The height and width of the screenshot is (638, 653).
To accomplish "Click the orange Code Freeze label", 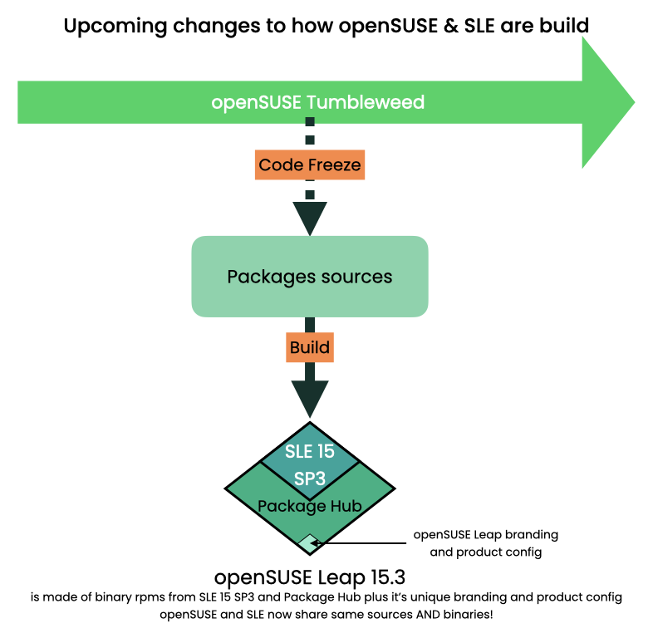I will click(310, 165).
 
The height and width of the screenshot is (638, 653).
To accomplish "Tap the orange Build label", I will click(310, 347).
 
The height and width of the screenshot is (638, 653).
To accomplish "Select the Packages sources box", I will click(310, 276).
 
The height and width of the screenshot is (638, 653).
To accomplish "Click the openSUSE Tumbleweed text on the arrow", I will click(317, 103).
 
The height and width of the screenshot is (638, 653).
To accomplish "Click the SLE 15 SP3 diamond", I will click(310, 463).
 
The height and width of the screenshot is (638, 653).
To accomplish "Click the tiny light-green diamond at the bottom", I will click(308, 543).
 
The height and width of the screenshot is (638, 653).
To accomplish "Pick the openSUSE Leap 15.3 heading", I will click(309, 577).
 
